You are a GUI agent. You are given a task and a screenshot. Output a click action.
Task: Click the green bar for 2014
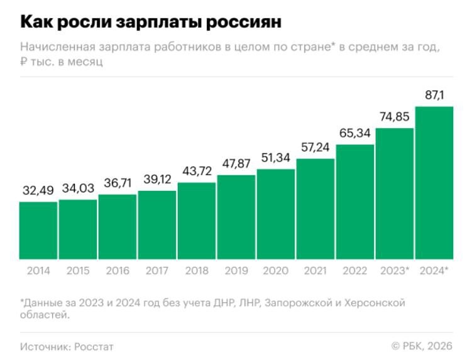pos(38,231)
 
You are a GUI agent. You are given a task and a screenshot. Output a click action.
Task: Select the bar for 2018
pos(196,221)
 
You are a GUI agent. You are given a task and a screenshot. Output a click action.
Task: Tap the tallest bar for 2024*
pos(434,183)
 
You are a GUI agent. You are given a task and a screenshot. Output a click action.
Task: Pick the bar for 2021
pos(315,209)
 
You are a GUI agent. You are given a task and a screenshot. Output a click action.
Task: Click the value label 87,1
pos(434,95)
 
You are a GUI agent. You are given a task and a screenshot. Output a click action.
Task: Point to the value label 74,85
pos(395,117)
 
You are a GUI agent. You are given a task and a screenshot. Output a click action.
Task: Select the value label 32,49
pos(38,190)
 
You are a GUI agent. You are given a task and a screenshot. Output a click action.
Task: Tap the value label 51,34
pos(275,158)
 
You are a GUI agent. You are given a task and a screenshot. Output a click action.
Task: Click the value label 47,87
pos(236,163)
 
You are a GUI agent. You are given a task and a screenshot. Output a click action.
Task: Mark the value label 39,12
pos(156,179)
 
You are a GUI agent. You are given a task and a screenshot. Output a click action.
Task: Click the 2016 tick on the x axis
pos(117,271)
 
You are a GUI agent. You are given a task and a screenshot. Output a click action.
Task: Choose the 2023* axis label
pos(395,271)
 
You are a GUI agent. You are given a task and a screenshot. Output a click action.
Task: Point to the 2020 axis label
pos(275,271)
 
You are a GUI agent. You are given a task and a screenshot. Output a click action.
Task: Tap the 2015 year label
pos(77,271)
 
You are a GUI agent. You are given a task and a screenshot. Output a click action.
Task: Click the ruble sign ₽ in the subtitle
pos(24,62)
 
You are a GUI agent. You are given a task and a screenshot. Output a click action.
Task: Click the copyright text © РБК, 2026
pos(421,346)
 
